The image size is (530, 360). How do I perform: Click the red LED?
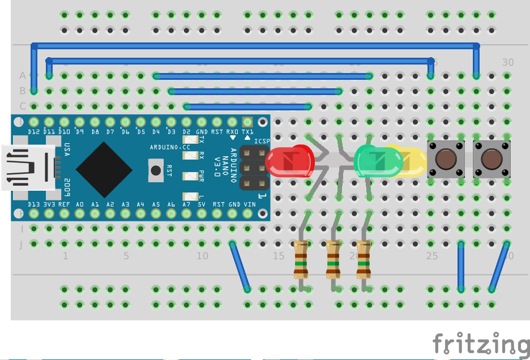(x=290, y=161)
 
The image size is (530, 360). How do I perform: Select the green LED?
(x=376, y=161)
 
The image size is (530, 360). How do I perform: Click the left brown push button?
(x=446, y=160)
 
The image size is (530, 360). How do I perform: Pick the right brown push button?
(x=491, y=160)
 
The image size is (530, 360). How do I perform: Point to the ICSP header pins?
(x=254, y=168)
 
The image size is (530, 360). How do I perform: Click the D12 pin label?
(x=34, y=132)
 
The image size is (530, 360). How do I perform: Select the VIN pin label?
(x=249, y=204)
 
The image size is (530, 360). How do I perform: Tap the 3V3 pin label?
(x=49, y=204)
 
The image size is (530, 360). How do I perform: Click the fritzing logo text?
(x=481, y=345)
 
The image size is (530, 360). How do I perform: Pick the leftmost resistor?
(x=301, y=260)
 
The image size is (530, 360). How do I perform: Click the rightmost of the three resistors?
(x=364, y=260)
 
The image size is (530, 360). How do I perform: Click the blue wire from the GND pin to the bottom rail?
(x=240, y=267)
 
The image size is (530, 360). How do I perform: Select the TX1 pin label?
(x=247, y=132)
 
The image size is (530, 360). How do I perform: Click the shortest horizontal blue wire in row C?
(x=247, y=106)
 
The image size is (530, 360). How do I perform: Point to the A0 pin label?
(x=80, y=204)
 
